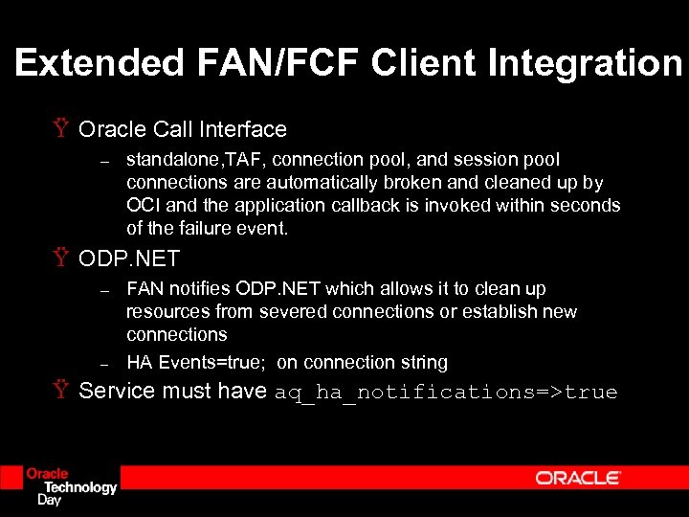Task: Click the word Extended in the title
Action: pyautogui.click(x=100, y=63)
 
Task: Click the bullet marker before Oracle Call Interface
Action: pyautogui.click(x=60, y=129)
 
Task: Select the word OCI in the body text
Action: pyautogui.click(x=142, y=206)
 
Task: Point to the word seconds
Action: pyautogui.click(x=587, y=206)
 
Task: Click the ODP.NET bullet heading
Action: pyautogui.click(x=129, y=259)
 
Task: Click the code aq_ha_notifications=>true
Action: pyautogui.click(x=446, y=393)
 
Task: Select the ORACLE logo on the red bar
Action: pyautogui.click(x=578, y=478)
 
